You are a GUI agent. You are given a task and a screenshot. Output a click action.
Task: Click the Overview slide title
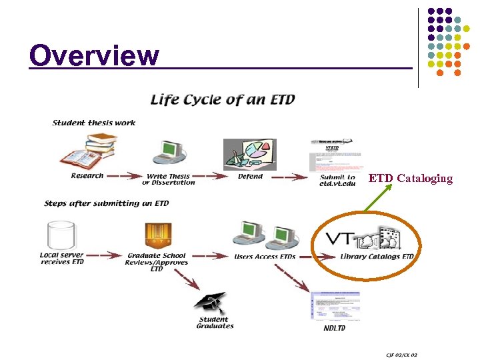[94, 55]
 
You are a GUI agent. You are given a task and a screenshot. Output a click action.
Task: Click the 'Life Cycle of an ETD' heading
[223, 101]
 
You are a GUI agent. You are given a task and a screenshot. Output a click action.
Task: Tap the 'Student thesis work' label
[94, 122]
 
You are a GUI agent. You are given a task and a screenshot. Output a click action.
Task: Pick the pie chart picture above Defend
[249, 155]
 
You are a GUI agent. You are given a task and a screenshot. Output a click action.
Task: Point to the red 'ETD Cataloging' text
[410, 178]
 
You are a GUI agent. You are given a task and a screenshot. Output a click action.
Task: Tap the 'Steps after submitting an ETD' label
[107, 203]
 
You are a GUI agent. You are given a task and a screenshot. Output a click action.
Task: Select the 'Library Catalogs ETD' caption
[377, 257]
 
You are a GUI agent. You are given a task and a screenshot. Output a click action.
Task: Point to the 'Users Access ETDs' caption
[265, 257]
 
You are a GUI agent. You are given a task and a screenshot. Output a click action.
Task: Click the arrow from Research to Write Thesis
[124, 176]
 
